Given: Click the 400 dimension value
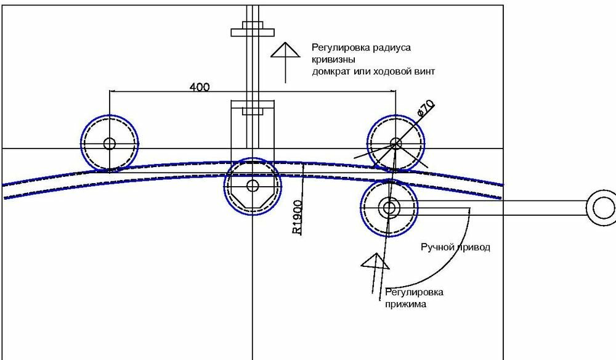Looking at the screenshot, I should [200, 87].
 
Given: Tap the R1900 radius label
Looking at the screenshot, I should [297, 217].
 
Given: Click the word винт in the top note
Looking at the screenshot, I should [426, 72].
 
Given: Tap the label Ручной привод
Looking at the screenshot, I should [455, 247].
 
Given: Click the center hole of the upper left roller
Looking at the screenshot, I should [110, 144].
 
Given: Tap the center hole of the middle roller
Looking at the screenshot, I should [252, 185].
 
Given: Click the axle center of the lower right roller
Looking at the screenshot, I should [389, 207].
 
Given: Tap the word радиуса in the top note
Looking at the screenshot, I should [391, 47].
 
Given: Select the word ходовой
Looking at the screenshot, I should [391, 72].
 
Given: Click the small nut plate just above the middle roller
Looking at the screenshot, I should [253, 111].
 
